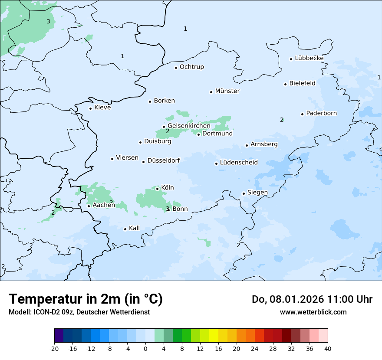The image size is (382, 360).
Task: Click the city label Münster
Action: pos(227,91)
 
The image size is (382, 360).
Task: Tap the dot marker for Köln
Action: pos(157,189)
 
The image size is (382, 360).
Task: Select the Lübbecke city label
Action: pos(309,58)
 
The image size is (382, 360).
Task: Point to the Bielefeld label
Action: pos(302,83)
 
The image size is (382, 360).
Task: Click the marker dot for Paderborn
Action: pos(302,114)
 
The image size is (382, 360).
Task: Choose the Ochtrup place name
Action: pos(191,67)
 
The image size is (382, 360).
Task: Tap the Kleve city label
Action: pos(102,108)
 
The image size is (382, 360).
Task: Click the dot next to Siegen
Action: pos(244,193)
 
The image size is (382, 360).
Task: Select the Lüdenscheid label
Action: pos(239,163)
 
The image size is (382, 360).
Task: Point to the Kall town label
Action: pos(134,228)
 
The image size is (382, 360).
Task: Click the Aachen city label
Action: pos(104,205)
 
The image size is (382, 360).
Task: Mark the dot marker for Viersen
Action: pos(112,159)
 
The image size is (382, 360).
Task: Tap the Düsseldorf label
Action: pos(164,160)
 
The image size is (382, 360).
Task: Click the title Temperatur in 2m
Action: pos(86,299)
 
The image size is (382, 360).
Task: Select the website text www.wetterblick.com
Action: pos(313,312)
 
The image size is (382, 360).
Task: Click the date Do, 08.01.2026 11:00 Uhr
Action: pos(312,299)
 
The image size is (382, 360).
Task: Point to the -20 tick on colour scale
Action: pos(54,349)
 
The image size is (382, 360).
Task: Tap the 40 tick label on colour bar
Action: pos(327,349)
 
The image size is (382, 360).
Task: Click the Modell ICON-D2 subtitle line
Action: pos(79,312)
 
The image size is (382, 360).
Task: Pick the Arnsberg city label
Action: pos(264,144)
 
